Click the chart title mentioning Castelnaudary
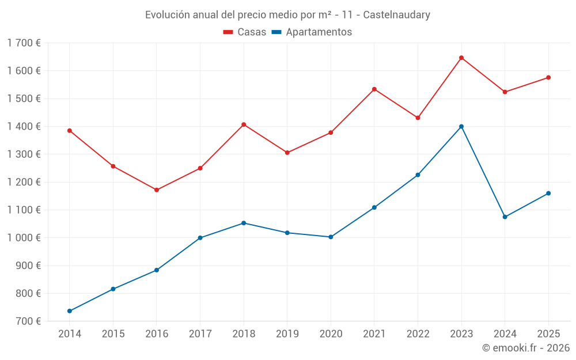click(x=287, y=15)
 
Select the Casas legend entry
click(x=245, y=32)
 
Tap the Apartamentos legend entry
click(x=312, y=32)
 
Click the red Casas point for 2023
click(x=461, y=58)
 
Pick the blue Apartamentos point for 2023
click(x=461, y=127)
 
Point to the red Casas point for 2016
click(x=157, y=190)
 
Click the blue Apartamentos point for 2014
click(x=70, y=311)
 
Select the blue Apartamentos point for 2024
click(x=505, y=217)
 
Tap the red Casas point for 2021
click(x=374, y=89)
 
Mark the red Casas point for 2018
click(x=244, y=124)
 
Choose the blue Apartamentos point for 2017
click(x=200, y=238)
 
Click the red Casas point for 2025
click(x=548, y=78)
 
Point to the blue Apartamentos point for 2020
click(x=331, y=237)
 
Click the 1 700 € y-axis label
click(x=24, y=43)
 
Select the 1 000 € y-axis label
click(x=24, y=238)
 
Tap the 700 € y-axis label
click(x=27, y=321)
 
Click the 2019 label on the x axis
click(x=287, y=334)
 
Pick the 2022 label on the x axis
click(x=418, y=334)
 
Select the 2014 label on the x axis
click(x=70, y=334)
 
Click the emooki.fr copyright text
click(x=525, y=348)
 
